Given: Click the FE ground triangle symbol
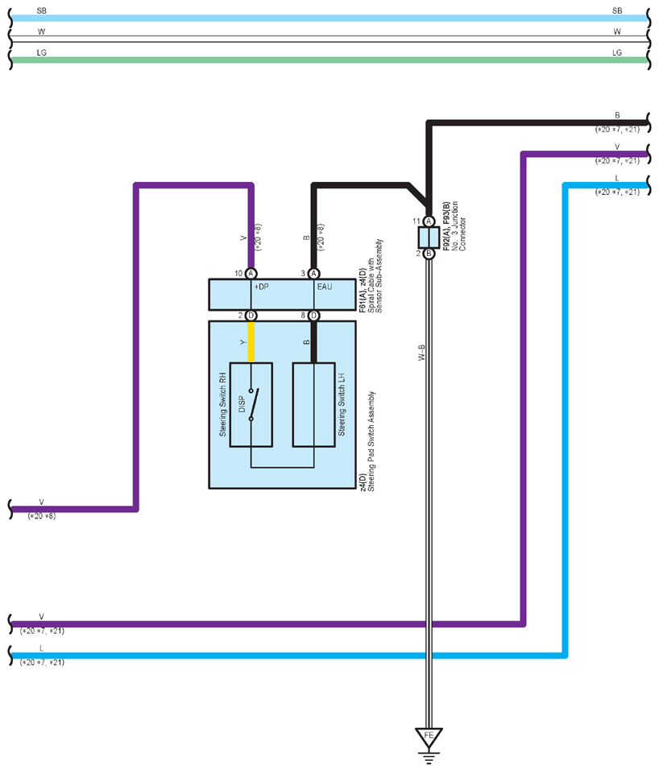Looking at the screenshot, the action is tap(429, 737).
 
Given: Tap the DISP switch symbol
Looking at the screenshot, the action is tap(253, 404).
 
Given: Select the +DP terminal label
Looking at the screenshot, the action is tap(261, 287).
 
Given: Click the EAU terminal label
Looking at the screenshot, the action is tap(325, 287).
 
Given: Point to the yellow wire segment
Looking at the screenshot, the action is tap(251, 341).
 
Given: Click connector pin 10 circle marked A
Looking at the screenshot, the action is tap(251, 273).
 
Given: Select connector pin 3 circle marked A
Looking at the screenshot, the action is tap(313, 273).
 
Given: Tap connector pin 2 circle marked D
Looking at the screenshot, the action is tap(251, 315).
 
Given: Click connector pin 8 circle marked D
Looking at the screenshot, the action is tap(313, 315).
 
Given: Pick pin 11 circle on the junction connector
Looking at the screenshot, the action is tap(429, 221).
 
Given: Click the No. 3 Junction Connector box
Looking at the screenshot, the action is tap(429, 237).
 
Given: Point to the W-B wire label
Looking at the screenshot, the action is tap(421, 353).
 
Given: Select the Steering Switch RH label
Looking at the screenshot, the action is tap(223, 404).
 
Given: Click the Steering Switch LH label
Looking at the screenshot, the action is tap(342, 404).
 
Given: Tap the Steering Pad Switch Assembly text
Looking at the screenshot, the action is tap(371, 441).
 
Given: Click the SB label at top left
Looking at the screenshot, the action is tap(41, 10).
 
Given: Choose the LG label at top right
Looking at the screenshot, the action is tap(617, 52).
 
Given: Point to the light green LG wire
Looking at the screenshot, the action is tap(329, 60).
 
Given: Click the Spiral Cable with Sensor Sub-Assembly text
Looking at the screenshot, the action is tap(375, 275).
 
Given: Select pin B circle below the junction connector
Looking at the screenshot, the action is tap(429, 254).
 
